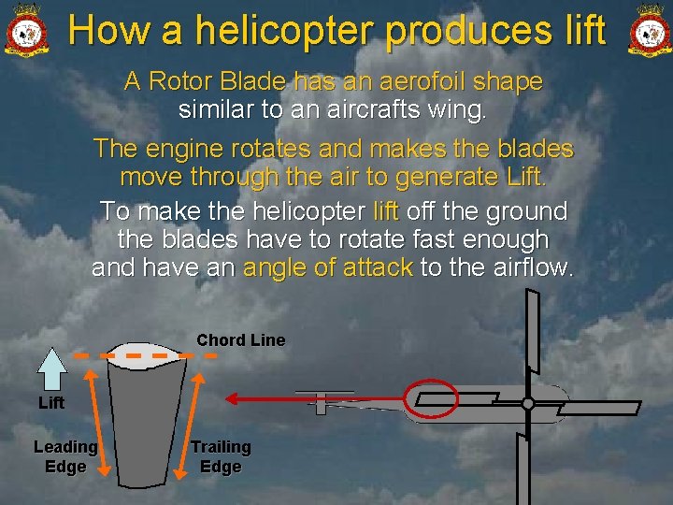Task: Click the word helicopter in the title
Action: [283, 30]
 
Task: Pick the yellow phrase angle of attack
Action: [327, 267]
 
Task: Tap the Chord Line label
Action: [240, 340]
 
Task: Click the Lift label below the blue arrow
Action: [51, 403]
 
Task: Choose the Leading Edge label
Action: [65, 456]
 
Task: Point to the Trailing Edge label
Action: [221, 456]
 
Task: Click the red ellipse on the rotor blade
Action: [430, 397]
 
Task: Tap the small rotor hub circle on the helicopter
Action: [528, 403]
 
